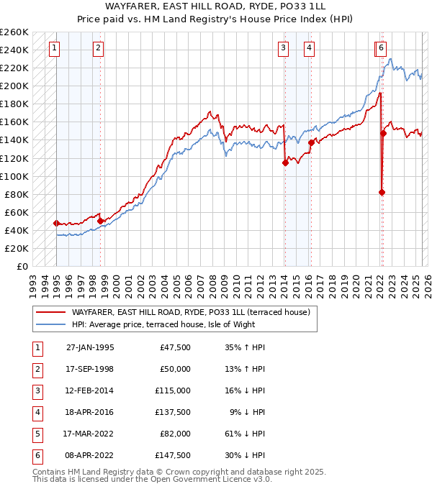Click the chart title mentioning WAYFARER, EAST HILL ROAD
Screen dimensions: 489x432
click(215, 9)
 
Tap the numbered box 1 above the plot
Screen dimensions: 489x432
click(55, 48)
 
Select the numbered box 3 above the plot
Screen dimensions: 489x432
click(284, 48)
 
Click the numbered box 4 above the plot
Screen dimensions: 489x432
click(309, 48)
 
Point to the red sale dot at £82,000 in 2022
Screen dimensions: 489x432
click(382, 192)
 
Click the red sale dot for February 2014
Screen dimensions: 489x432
click(285, 163)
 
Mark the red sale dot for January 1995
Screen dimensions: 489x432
click(56, 223)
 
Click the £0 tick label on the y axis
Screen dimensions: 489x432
click(23, 266)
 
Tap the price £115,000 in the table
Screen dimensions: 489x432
click(174, 390)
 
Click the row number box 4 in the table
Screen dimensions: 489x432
click(36, 412)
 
